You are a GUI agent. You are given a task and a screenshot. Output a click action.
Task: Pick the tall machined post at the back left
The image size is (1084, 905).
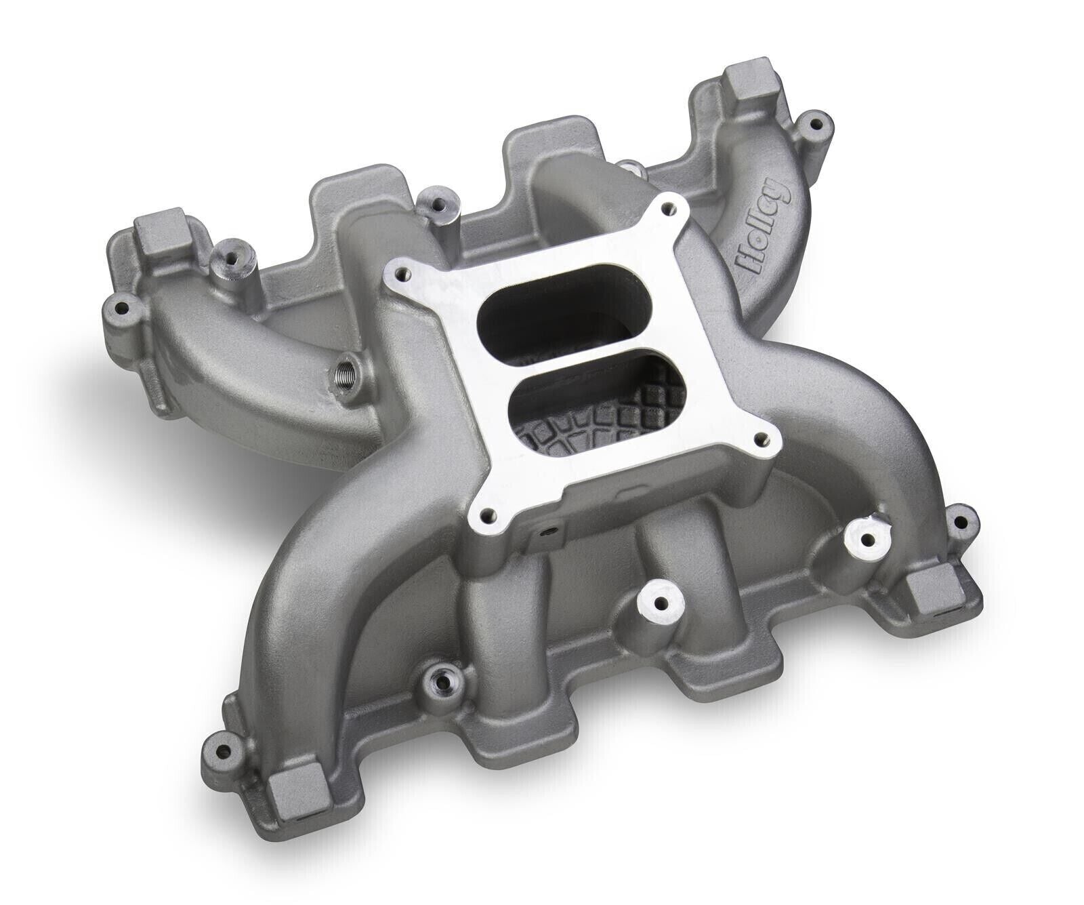pyautogui.click(x=225, y=256)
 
